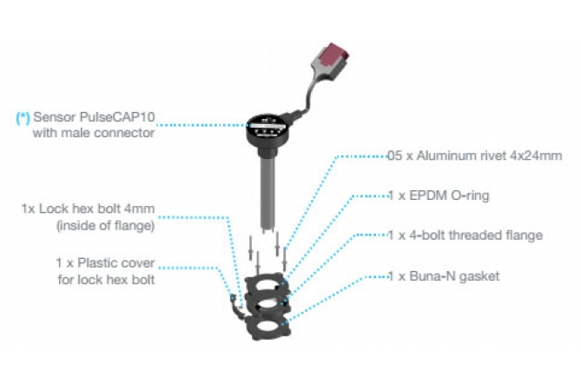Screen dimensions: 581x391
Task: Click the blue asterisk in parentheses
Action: coord(23,117)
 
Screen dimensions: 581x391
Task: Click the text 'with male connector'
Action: coord(94,133)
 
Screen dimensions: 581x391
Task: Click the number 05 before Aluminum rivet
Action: coord(394,156)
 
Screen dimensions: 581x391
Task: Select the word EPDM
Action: coord(427,195)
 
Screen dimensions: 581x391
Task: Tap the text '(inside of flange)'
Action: coord(106,225)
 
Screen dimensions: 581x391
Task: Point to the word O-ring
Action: coord(470,195)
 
